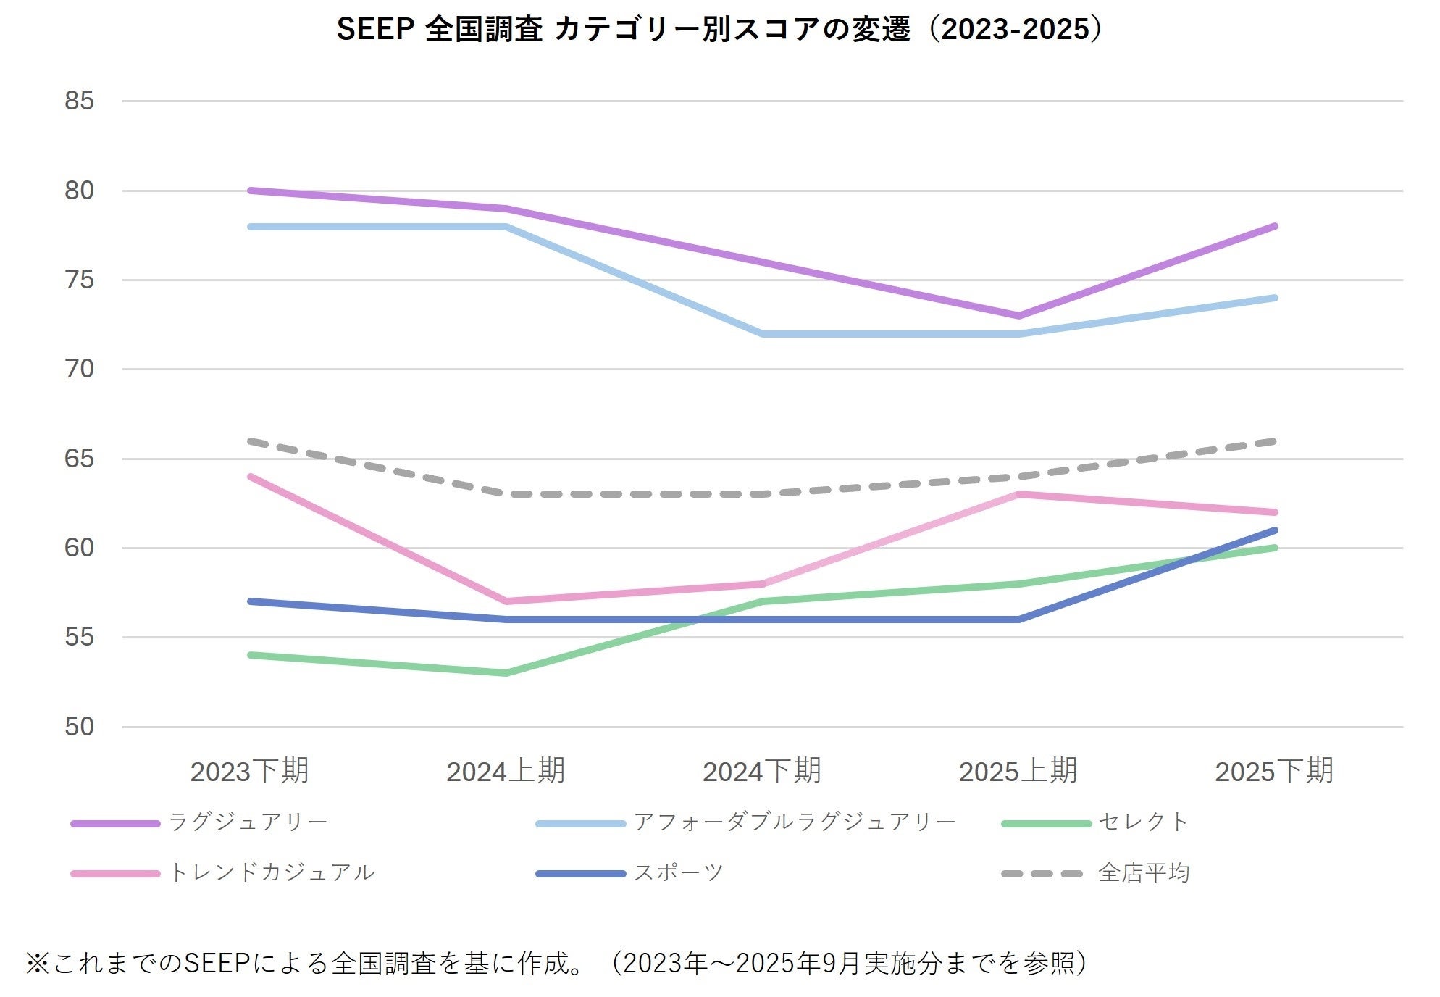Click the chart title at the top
pyautogui.click(x=719, y=30)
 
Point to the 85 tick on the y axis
pyautogui.click(x=79, y=101)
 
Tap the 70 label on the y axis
pyautogui.click(x=79, y=369)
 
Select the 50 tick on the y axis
pyautogui.click(x=79, y=727)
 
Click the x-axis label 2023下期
pyautogui.click(x=249, y=772)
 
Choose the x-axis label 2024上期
pyautogui.click(x=506, y=772)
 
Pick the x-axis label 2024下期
pyautogui.click(x=762, y=772)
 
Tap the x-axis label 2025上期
pyautogui.click(x=1018, y=772)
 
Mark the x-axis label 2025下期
pyautogui.click(x=1274, y=772)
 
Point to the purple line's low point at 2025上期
pyautogui.click(x=1018, y=316)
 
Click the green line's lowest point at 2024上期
pyautogui.click(x=506, y=673)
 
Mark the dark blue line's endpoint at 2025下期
pyautogui.click(x=1274, y=530)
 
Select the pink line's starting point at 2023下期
pyautogui.click(x=250, y=477)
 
